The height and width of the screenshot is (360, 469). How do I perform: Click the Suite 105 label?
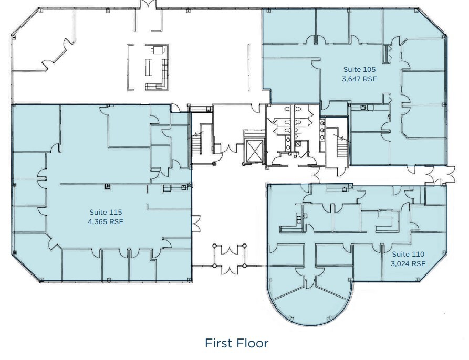(x=359, y=69)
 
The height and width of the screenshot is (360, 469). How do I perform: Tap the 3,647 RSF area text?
(x=359, y=79)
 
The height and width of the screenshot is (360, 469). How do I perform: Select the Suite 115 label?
(x=106, y=212)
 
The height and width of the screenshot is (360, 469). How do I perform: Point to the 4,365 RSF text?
(x=106, y=221)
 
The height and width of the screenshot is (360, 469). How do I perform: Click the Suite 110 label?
(x=408, y=253)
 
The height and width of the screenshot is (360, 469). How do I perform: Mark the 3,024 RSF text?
(x=408, y=263)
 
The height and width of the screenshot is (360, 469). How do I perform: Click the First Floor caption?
(x=236, y=343)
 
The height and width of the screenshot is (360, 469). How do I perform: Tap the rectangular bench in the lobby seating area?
(x=149, y=67)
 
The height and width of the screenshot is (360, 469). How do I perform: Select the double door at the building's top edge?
(x=149, y=5)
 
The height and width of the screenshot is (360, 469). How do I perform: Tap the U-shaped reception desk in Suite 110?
(x=386, y=218)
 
